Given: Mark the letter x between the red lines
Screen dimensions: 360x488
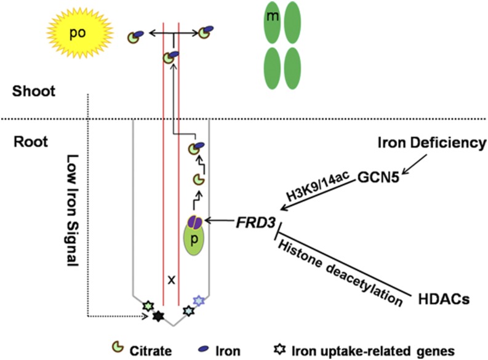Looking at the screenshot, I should click(172, 279).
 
